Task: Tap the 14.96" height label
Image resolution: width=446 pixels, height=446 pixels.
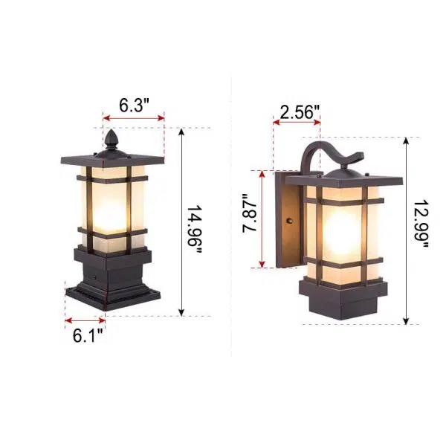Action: point(195,230)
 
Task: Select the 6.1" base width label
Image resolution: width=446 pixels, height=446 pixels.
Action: point(87,335)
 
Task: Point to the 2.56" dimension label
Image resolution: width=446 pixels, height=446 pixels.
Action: point(300,113)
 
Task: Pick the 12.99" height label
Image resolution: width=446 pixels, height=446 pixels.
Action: point(421,227)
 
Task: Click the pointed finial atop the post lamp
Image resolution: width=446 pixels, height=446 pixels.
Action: point(111,138)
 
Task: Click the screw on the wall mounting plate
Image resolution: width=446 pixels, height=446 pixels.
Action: point(290,221)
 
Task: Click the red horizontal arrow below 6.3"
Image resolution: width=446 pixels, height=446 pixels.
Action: point(134,117)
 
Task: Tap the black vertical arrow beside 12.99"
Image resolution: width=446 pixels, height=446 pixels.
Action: point(407,230)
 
